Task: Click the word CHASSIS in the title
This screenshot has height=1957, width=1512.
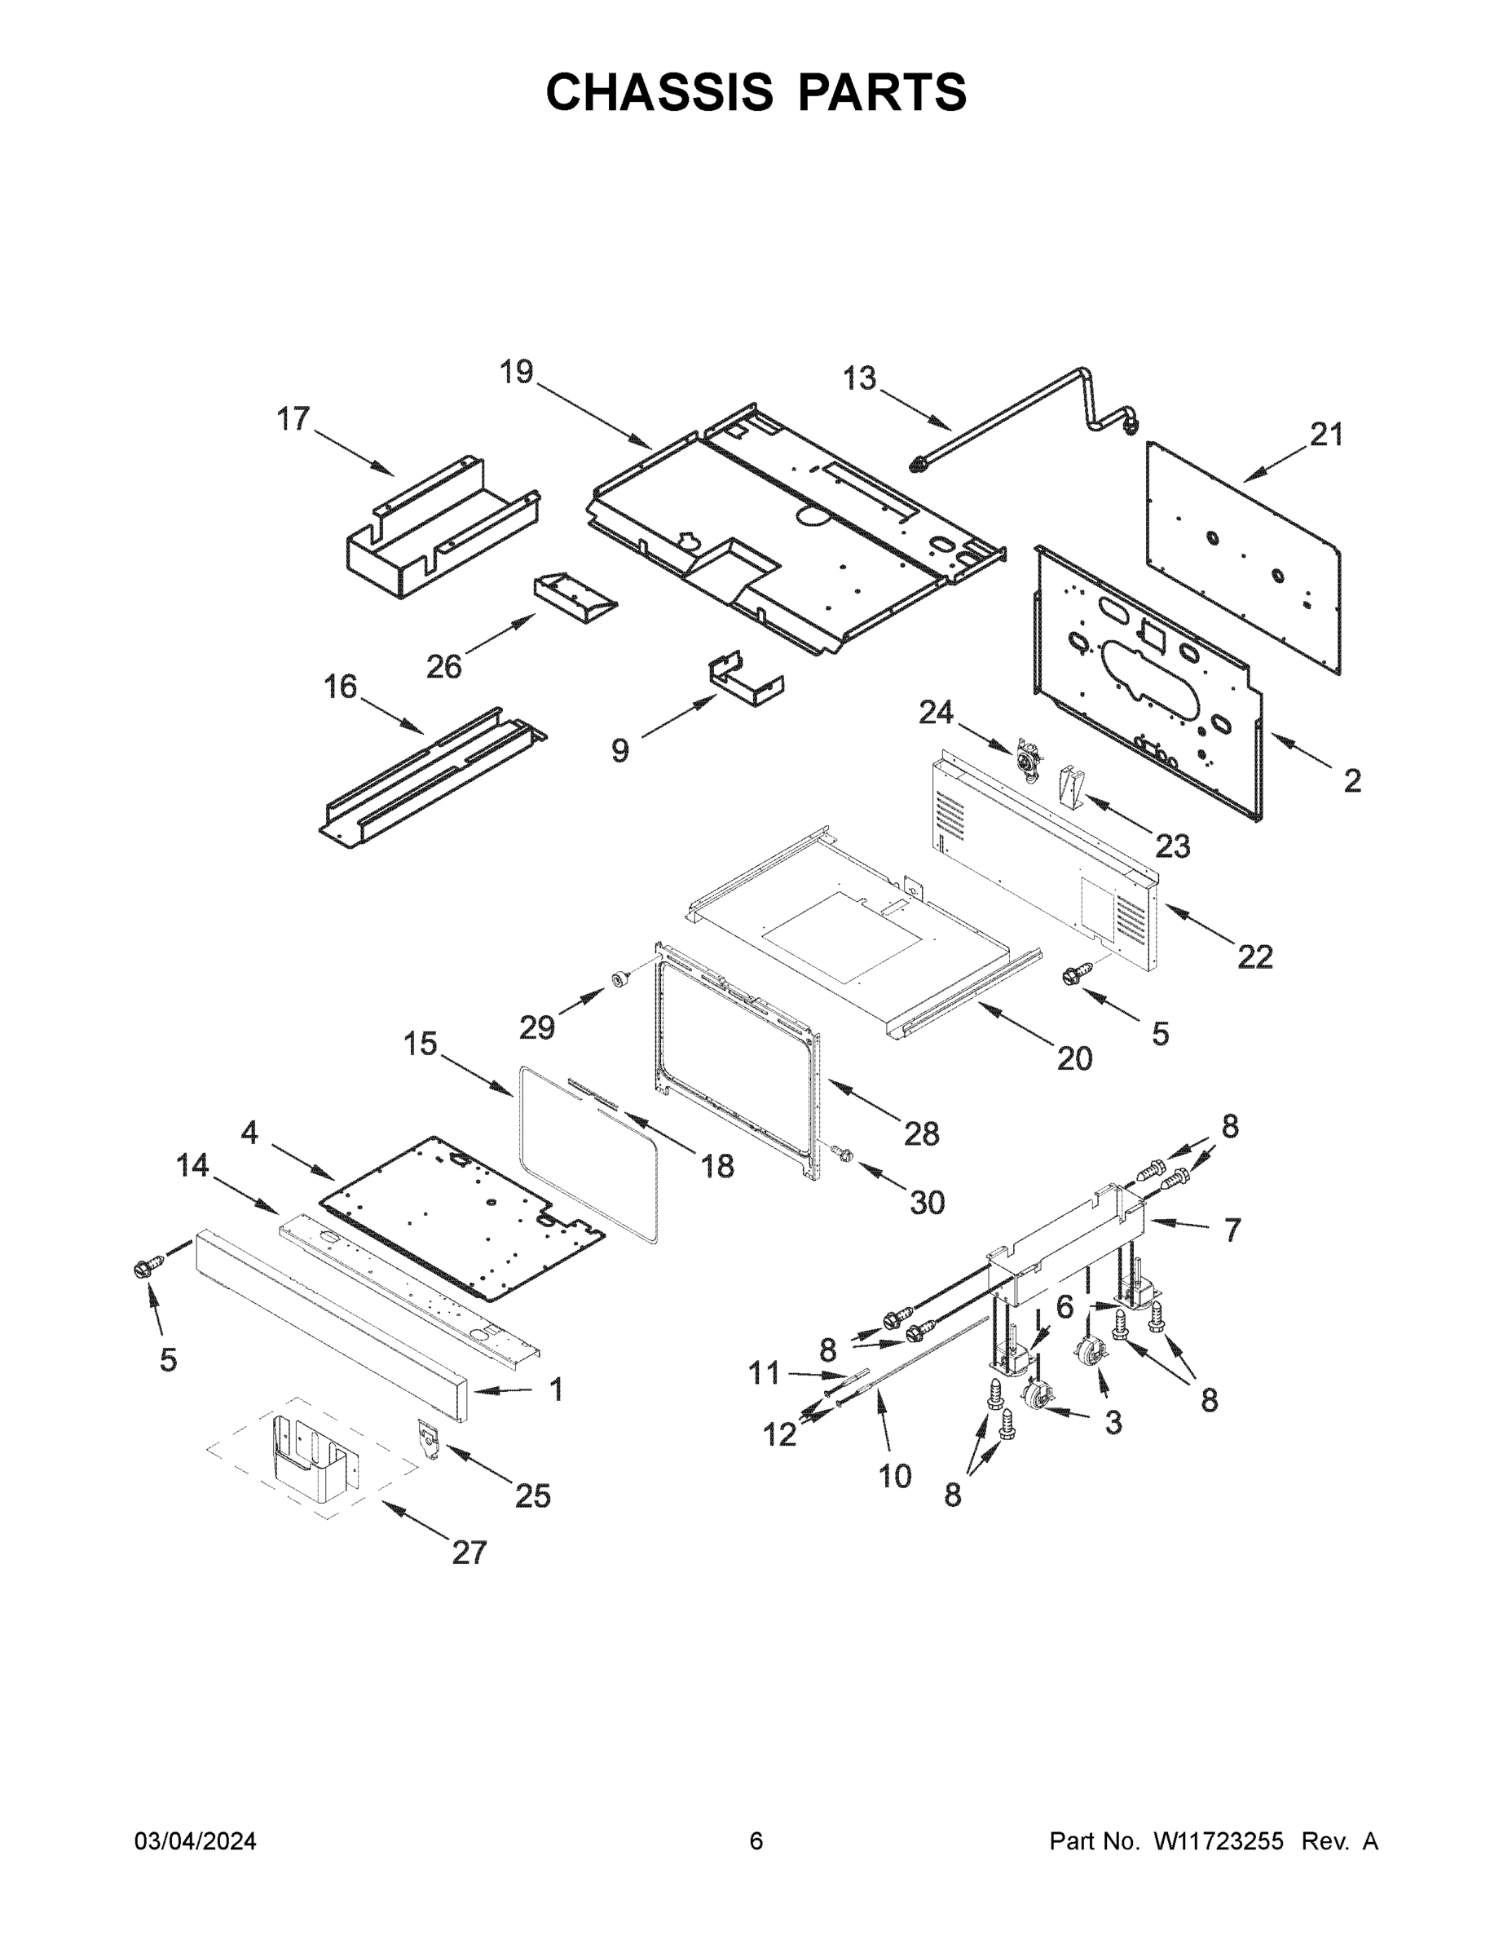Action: point(659,91)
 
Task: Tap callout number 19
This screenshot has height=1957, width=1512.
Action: point(516,371)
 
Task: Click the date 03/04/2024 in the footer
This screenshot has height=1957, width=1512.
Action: point(196,1841)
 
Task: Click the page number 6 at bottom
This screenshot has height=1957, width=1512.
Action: point(756,1841)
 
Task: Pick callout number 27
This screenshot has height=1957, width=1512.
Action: point(469,1553)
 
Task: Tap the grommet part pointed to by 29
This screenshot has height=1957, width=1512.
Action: point(618,979)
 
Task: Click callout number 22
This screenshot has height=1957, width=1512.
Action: point(1254,957)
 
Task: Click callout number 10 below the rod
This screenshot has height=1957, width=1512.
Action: point(895,1476)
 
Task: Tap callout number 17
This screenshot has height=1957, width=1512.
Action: point(293,418)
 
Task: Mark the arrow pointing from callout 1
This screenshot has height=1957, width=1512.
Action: point(501,1390)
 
